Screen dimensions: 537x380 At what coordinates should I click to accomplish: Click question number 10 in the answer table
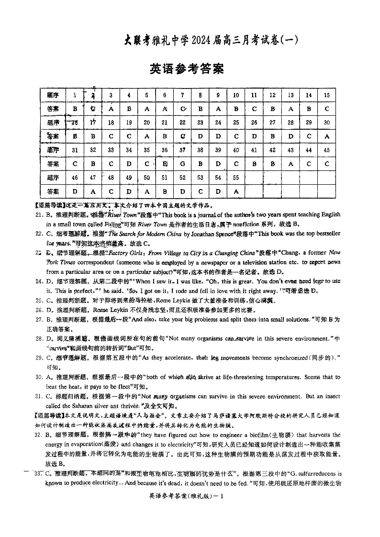(x=236, y=95)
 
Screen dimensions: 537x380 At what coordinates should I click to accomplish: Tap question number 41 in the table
(x=254, y=150)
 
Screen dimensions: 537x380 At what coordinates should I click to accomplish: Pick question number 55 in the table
(x=236, y=178)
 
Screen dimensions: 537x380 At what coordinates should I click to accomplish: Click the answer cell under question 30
(x=327, y=136)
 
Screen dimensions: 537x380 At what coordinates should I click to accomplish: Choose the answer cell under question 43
(x=291, y=164)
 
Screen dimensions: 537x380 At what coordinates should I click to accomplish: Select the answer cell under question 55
(x=236, y=191)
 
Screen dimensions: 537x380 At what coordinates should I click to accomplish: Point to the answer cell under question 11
(x=254, y=109)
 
